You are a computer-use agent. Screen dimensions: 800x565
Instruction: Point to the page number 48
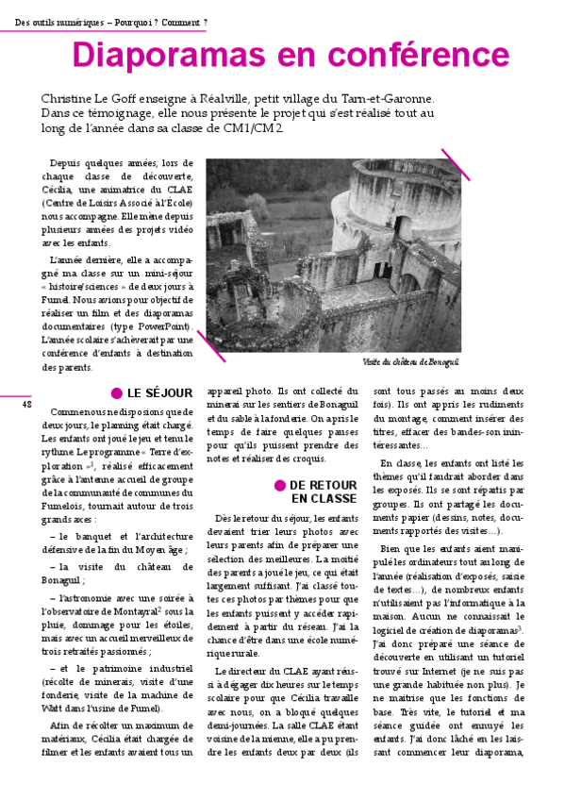point(26,404)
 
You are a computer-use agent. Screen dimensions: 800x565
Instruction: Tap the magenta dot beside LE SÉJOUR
point(117,393)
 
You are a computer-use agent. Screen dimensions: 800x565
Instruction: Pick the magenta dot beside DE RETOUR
point(280,485)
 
